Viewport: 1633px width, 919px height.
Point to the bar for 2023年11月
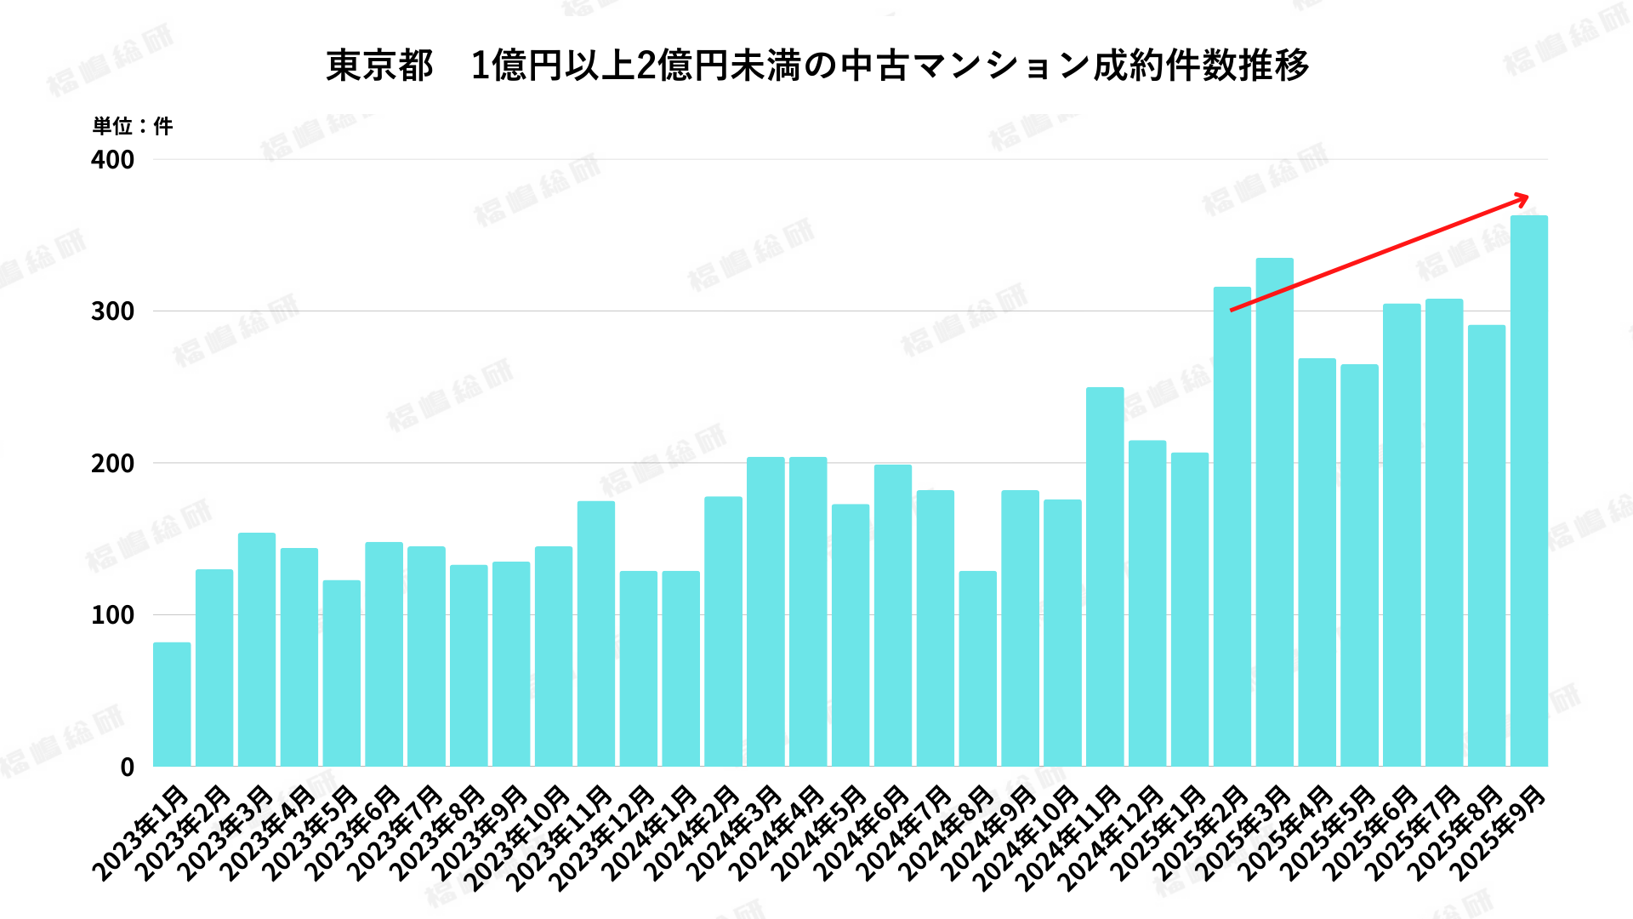tap(596, 634)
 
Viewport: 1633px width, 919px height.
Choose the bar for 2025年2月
tap(1232, 527)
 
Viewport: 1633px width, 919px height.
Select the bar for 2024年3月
tap(765, 612)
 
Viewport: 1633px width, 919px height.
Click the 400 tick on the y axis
tap(113, 160)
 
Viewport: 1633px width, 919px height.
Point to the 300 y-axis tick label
tap(113, 311)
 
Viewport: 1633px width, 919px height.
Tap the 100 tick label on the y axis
tap(113, 615)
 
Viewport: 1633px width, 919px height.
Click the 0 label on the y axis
tap(128, 768)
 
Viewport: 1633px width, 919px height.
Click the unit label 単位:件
tap(132, 127)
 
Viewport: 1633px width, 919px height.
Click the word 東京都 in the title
tap(379, 66)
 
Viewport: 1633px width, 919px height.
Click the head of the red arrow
tap(1525, 199)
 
